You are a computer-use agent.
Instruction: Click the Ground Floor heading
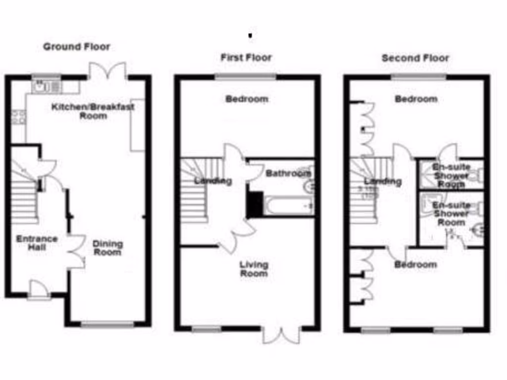[76, 47]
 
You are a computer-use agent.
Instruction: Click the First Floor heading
[246, 58]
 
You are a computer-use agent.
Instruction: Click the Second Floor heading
[415, 58]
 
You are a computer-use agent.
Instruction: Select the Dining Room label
[107, 248]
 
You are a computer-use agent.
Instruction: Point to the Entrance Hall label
[37, 242]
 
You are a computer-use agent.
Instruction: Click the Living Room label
[253, 269]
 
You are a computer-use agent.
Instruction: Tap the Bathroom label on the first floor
[288, 173]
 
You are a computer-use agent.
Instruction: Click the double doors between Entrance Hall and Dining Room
[76, 251]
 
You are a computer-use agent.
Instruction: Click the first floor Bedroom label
[247, 99]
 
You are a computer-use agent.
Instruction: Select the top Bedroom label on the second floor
[416, 99]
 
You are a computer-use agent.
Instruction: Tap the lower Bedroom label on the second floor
[415, 265]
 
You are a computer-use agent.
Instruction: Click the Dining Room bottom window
[107, 325]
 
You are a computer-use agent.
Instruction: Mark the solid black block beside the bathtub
[254, 204]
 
